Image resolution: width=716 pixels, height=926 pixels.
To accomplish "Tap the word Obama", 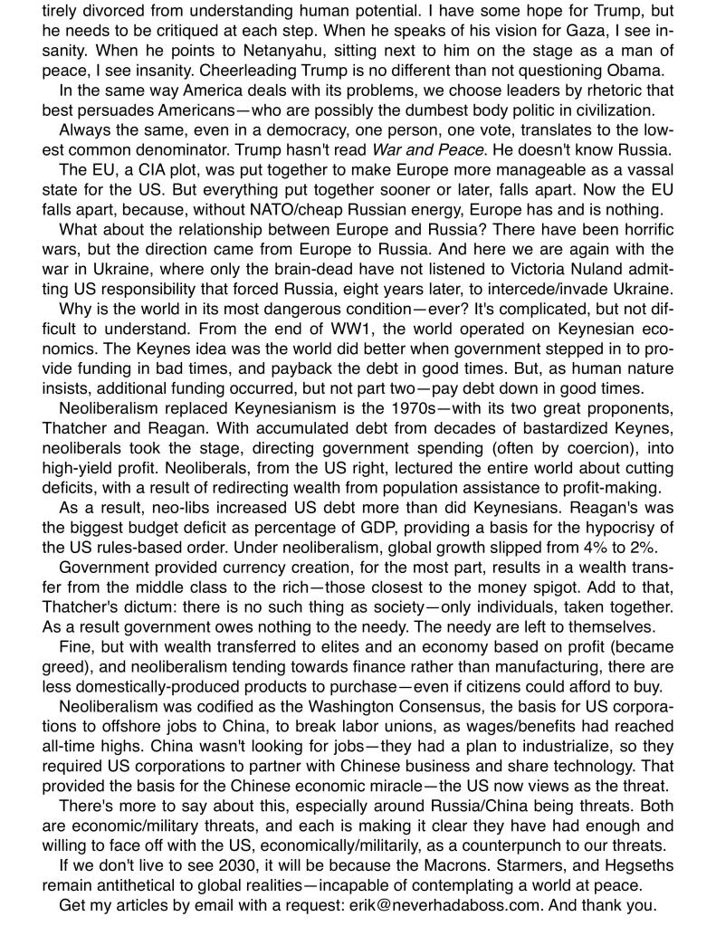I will click(x=635, y=72).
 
